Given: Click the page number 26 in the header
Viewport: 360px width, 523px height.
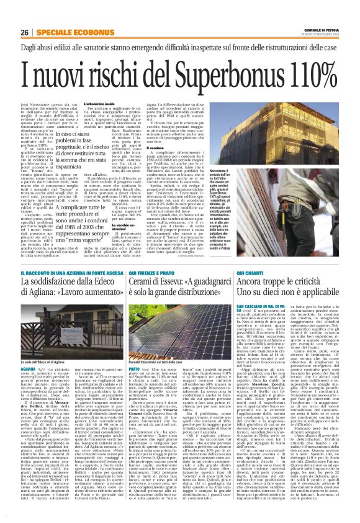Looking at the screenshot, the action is [x=24, y=32].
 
